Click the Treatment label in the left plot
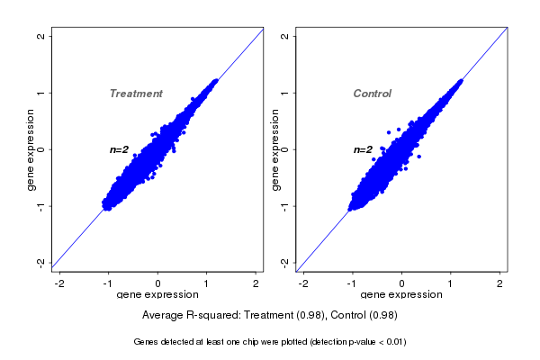click(136, 94)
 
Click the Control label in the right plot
click(373, 94)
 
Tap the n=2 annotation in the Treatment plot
click(120, 149)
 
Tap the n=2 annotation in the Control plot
click(363, 149)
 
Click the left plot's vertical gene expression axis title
click(31, 149)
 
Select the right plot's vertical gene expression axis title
click(275, 149)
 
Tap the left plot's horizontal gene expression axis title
click(157, 295)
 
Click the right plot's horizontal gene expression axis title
click(401, 295)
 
